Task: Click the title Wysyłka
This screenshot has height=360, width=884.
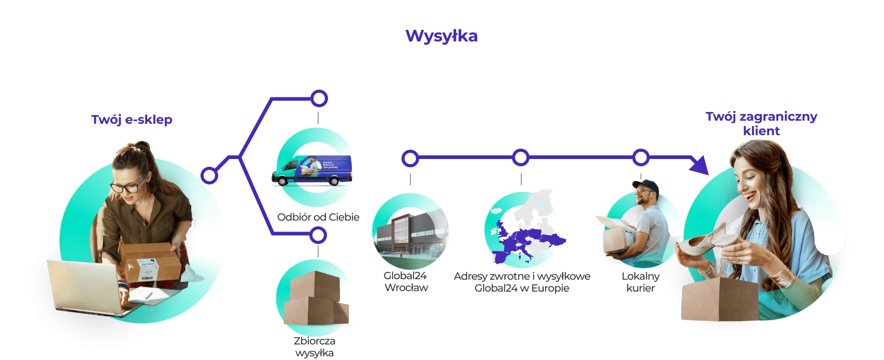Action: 441,36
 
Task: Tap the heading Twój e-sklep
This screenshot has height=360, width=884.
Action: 132,120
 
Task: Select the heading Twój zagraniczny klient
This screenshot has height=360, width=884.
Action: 761,123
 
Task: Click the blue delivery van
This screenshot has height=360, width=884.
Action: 312,170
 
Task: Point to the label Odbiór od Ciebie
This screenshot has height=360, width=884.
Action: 318,217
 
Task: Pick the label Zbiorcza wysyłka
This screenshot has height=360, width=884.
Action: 315,347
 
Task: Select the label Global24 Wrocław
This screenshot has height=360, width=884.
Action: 406,282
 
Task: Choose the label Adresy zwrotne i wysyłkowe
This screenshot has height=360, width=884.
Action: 522,276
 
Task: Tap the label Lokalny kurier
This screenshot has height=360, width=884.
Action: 640,282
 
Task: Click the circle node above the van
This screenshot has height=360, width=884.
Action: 319,98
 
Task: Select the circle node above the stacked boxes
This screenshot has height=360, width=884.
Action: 318,235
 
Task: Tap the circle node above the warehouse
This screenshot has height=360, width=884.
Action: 410,158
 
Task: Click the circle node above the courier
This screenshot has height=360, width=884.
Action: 641,157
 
